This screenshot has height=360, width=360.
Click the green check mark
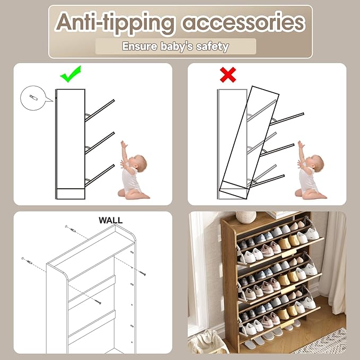click(71, 74)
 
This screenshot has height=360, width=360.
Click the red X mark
click(228, 75)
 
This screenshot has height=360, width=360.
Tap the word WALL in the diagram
click(111, 220)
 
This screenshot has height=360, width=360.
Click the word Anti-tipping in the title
click(115, 23)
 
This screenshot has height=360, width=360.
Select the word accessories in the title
click(243, 23)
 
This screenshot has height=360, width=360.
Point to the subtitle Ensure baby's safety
click(175, 46)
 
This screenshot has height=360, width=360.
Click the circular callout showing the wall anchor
click(34, 98)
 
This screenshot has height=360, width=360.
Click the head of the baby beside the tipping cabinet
click(315, 163)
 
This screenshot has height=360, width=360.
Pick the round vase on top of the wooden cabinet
click(246, 217)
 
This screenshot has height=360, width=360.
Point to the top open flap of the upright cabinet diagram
click(100, 111)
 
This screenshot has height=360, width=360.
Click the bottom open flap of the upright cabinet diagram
click(100, 175)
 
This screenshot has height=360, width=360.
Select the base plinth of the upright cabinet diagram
click(71, 194)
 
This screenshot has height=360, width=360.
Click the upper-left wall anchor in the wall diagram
click(71, 229)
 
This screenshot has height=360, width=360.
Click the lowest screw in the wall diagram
click(98, 302)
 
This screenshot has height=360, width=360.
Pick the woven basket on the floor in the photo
click(207, 342)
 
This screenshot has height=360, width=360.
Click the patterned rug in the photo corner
click(326, 342)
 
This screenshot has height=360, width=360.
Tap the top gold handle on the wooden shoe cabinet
click(289, 253)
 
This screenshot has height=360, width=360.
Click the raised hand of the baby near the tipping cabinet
click(300, 145)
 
